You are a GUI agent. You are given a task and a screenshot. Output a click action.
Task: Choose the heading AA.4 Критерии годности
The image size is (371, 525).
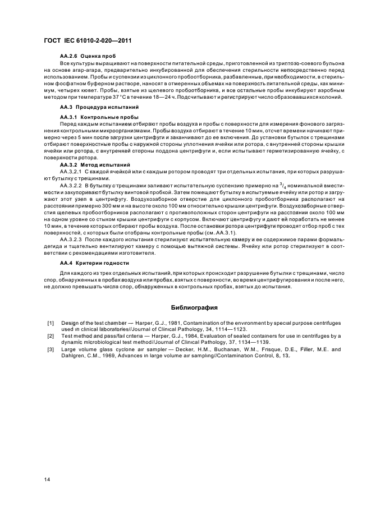tap(87, 262)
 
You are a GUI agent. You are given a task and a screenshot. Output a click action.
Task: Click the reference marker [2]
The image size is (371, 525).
tap(51, 335)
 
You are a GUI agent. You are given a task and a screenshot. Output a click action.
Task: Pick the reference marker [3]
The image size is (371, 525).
tap(51, 349)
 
